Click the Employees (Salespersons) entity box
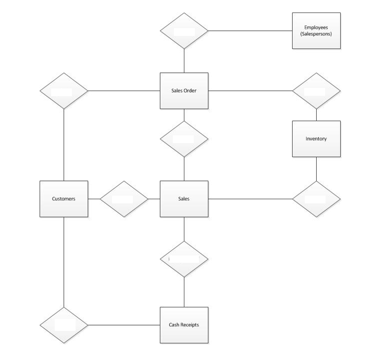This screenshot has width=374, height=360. pos(316,31)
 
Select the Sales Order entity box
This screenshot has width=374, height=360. pos(183,91)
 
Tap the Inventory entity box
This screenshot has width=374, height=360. pos(316,139)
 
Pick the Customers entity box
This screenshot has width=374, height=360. pos(64,199)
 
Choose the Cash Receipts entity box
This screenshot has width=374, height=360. pos(183,325)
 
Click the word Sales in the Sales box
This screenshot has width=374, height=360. pos(183,199)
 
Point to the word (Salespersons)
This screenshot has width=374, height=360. pos(316,34)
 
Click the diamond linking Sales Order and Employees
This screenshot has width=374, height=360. pos(183,31)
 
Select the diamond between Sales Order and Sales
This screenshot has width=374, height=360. pos(183,139)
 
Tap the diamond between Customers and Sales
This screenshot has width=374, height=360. pos(123,199)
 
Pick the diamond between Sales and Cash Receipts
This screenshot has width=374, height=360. pos(183,259)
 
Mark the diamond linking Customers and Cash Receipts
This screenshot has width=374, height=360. pos(64,325)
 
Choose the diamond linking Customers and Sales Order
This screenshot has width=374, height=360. pos(64,91)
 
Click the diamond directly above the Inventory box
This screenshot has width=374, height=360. pos(316,91)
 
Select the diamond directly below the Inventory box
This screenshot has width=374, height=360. pos(316,199)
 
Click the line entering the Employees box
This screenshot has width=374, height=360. pos(250,31)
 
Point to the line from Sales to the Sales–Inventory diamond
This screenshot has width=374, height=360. pos(250,199)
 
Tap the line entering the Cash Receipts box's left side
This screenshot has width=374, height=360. pos(123,325)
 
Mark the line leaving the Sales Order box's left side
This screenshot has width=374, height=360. pos(123,91)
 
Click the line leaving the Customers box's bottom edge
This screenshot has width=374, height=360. pos(64,260)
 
